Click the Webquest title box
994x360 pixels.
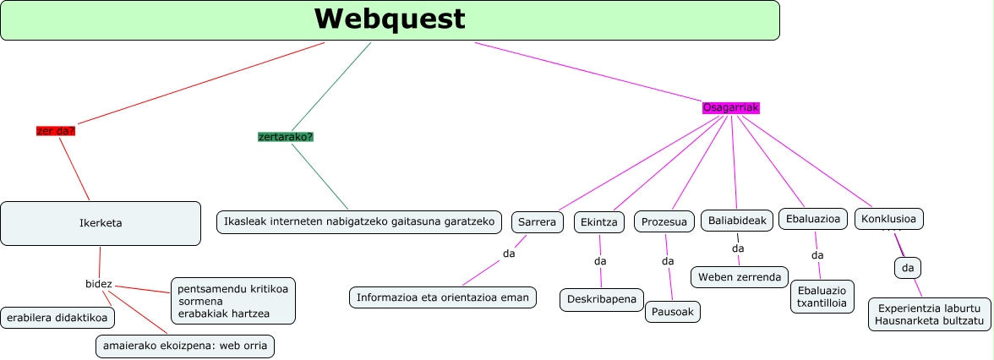click(x=390, y=20)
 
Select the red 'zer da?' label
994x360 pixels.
click(x=56, y=131)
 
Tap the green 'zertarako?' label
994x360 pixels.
click(x=286, y=137)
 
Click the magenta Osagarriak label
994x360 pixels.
click(x=731, y=108)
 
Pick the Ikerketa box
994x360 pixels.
click(x=101, y=223)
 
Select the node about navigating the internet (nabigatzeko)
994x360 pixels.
click(x=359, y=221)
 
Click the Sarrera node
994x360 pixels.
click(x=537, y=222)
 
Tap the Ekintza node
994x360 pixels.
click(x=599, y=222)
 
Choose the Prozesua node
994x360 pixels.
click(x=664, y=222)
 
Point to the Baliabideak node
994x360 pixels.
click(x=737, y=221)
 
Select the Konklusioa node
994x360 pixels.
click(x=888, y=219)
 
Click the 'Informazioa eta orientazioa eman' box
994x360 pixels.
click(x=442, y=297)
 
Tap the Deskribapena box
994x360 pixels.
click(x=602, y=300)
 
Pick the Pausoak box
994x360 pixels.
click(x=673, y=311)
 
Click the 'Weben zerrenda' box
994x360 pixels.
click(x=740, y=277)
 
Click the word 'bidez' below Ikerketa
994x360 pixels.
click(x=99, y=284)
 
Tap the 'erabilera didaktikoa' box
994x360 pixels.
click(x=58, y=318)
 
